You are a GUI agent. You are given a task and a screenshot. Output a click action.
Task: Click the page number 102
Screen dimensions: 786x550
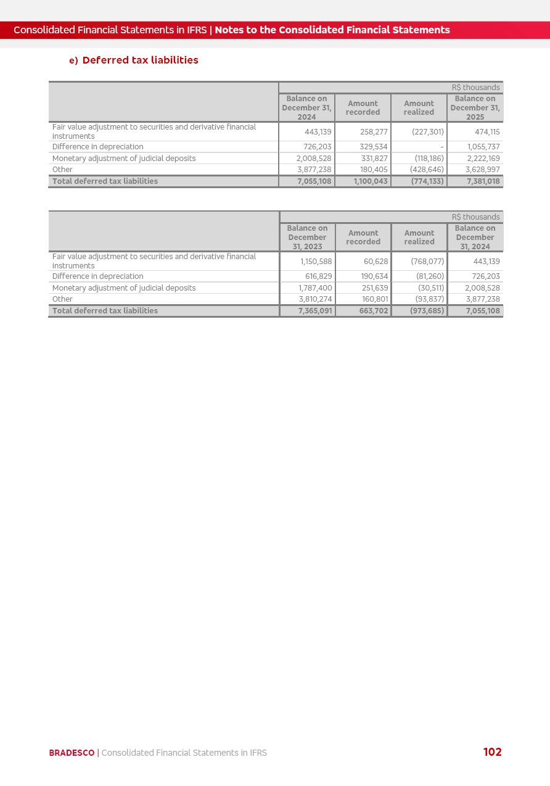pos(492,752)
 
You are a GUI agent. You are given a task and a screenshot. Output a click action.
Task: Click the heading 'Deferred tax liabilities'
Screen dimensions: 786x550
pos(140,60)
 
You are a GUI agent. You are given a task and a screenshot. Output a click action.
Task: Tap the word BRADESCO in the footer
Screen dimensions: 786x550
pos(72,753)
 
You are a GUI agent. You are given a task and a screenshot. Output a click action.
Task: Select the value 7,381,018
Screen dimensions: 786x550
pos(483,181)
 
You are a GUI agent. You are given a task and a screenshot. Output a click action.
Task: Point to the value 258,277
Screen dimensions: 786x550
pos(374,132)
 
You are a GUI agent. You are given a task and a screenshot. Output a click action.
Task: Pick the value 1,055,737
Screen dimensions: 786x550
pos(483,147)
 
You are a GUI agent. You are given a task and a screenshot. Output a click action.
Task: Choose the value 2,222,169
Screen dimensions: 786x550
pos(483,159)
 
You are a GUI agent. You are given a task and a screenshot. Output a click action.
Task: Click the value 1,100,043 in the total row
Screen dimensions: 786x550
pos(371,181)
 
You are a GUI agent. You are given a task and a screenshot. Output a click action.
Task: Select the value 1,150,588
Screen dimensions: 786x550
pos(316,262)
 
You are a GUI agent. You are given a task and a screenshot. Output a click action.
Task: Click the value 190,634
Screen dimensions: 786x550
pos(375,276)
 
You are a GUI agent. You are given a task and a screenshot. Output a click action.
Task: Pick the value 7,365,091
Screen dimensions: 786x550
pos(315,311)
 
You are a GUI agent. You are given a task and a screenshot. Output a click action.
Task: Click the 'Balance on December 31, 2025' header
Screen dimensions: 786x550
pos(475,108)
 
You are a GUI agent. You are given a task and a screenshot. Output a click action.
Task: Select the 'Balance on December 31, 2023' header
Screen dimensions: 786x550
pos(307,238)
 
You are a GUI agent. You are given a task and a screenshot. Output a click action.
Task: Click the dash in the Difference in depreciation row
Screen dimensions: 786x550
pos(442,147)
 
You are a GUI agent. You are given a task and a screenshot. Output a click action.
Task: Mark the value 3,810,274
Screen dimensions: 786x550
pos(315,299)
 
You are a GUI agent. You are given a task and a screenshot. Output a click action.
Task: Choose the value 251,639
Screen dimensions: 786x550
pos(375,288)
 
